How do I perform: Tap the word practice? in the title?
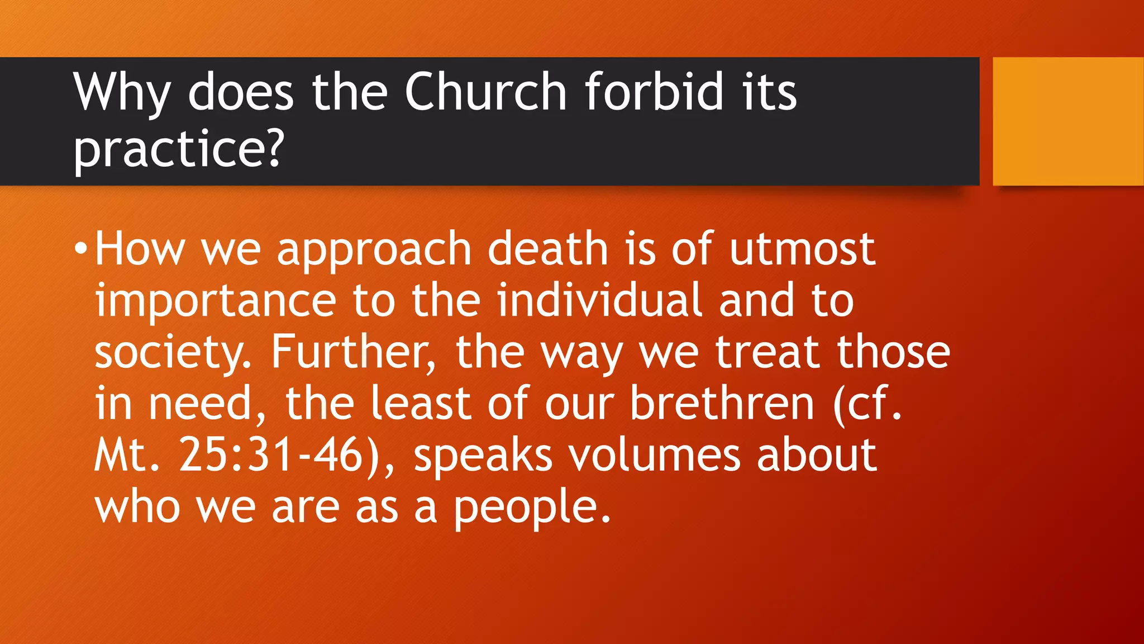pyautogui.click(x=179, y=149)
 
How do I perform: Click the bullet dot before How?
pyautogui.click(x=81, y=248)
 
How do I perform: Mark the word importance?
pyautogui.click(x=215, y=302)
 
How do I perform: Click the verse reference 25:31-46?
pyautogui.click(x=280, y=455)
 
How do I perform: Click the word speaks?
pyautogui.click(x=483, y=456)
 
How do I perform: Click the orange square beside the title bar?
pyautogui.click(x=1067, y=121)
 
